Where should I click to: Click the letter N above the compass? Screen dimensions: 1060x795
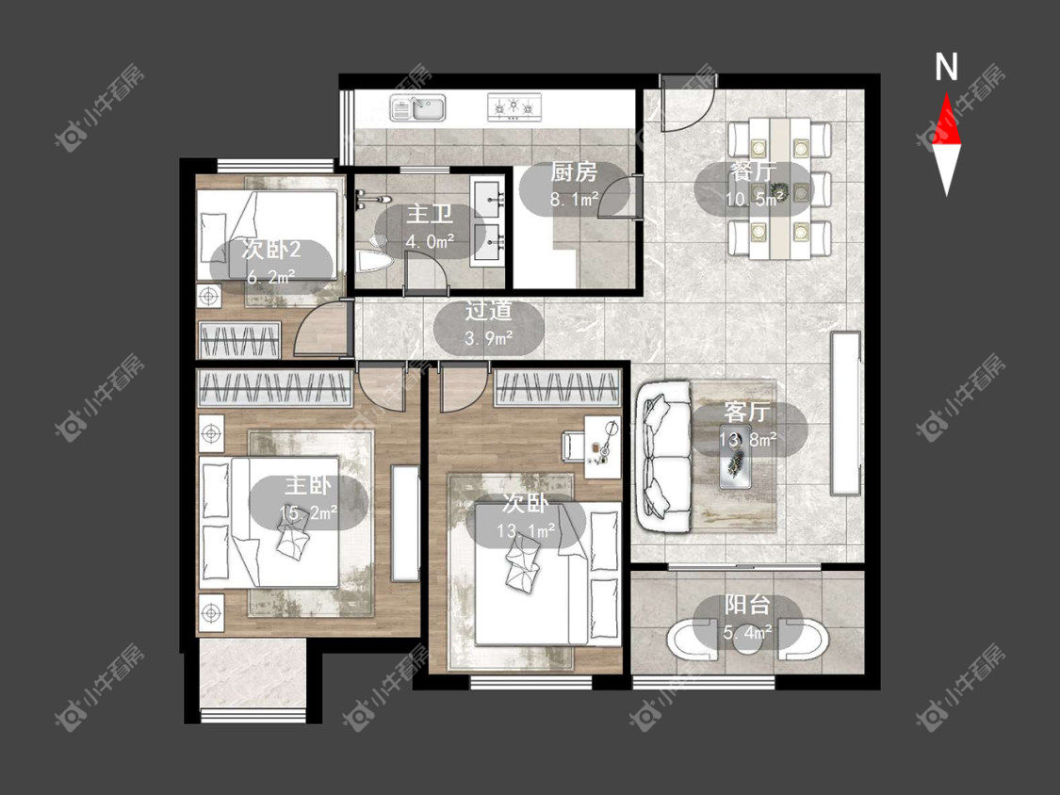click(946, 67)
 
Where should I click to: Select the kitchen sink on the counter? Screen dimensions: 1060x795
click(417, 107)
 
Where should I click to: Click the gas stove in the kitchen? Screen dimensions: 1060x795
click(514, 107)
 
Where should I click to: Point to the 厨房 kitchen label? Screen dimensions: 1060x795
click(573, 172)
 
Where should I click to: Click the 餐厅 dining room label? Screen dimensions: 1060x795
click(753, 171)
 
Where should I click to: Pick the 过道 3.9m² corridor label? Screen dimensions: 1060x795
click(488, 324)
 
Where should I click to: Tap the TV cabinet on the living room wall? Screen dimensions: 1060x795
click(845, 414)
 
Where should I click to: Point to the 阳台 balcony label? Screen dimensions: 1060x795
click(748, 605)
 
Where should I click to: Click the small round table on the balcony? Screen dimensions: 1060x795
click(748, 638)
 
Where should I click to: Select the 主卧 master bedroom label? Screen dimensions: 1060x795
click(307, 485)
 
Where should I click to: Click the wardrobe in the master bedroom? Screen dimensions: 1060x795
click(274, 389)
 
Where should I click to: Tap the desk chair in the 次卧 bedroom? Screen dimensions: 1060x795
click(573, 446)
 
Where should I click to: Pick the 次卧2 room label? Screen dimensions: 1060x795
click(271, 251)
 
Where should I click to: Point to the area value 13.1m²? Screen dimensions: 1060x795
click(526, 530)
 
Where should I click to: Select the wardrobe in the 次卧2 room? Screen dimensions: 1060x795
click(238, 340)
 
